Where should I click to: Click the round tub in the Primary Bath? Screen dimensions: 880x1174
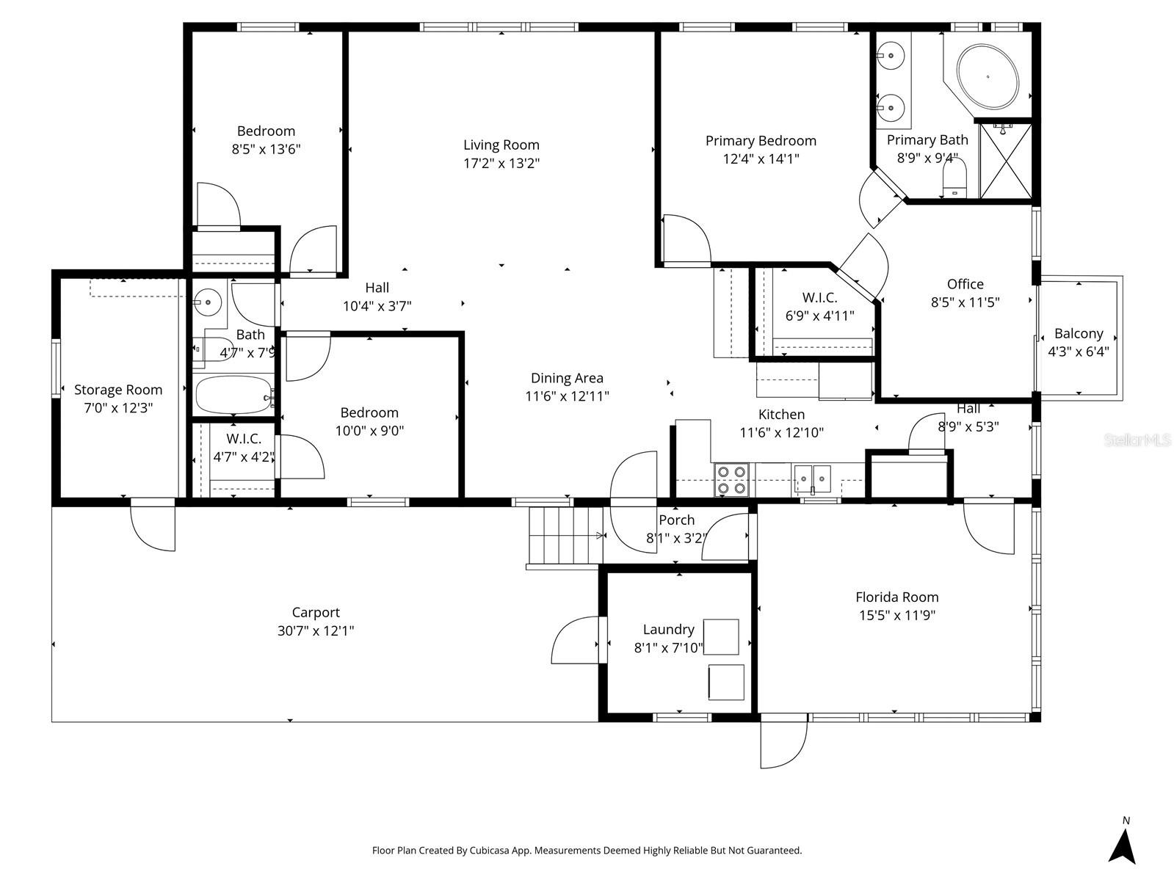coord(988,76)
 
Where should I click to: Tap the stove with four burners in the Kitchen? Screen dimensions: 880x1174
coord(731,480)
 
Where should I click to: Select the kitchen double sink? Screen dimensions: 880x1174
coord(812,479)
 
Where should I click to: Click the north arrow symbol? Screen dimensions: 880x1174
coord(1122,846)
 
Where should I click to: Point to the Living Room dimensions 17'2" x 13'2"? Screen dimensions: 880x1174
coord(501,163)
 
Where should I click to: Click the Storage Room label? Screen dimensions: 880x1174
coord(118,390)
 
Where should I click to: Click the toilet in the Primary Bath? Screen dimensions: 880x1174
coord(954,178)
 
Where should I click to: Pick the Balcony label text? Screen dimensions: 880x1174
coord(1079,333)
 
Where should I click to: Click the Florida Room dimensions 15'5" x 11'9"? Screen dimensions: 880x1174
coord(897,615)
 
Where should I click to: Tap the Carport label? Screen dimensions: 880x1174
coord(316,612)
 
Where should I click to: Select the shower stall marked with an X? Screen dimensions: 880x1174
coord(1005,161)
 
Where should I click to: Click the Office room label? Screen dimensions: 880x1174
coord(965,284)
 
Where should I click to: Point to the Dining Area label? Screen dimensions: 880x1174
coord(567,378)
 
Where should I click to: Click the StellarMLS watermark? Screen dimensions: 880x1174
coord(1137,440)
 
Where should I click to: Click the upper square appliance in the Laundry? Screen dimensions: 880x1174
coord(720,636)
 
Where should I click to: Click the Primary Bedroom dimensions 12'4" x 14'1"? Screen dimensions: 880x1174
coord(761,159)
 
